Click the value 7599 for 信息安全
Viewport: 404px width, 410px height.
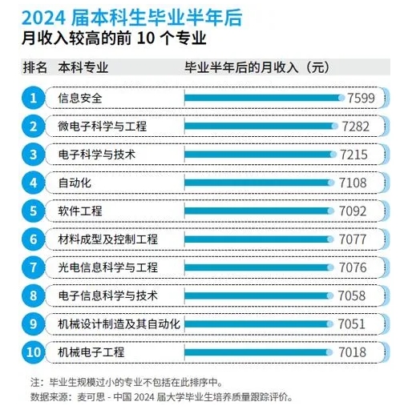(x=361, y=98)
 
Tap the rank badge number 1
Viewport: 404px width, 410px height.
(x=33, y=98)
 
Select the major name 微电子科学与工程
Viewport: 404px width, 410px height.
(x=103, y=127)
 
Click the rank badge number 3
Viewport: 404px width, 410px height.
(x=33, y=155)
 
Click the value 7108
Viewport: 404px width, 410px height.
(x=353, y=183)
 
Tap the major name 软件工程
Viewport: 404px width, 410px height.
(x=80, y=211)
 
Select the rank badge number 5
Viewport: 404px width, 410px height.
(x=33, y=211)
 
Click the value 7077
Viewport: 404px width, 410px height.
(x=353, y=239)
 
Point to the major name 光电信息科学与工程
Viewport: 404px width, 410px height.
(x=108, y=267)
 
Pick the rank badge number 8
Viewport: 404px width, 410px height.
(x=33, y=295)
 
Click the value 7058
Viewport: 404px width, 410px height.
(x=353, y=295)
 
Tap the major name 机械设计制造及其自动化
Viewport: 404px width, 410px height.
(x=119, y=324)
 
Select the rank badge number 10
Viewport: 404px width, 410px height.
(x=33, y=352)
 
